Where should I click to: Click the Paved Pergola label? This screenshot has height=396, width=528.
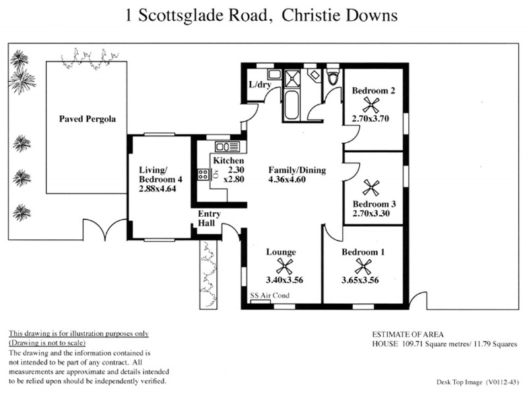coord(87,119)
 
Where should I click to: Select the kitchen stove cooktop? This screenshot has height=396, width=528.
coord(203,176)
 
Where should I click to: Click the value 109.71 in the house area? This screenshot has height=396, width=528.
coord(415,345)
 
